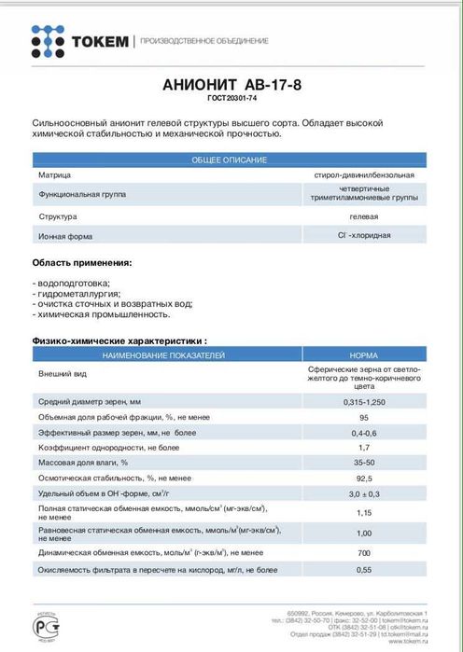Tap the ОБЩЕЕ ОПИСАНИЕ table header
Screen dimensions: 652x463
(x=229, y=160)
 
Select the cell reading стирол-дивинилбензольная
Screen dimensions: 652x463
(x=364, y=174)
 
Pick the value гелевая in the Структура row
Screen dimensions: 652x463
(x=364, y=215)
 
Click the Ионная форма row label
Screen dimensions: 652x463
(x=65, y=236)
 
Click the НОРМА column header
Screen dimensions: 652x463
(x=364, y=356)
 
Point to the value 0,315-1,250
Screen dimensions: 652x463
(x=364, y=400)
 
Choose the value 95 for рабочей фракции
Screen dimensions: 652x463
(x=364, y=418)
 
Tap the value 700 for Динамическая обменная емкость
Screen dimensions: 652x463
(x=364, y=553)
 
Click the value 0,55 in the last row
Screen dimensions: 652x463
(x=364, y=569)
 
